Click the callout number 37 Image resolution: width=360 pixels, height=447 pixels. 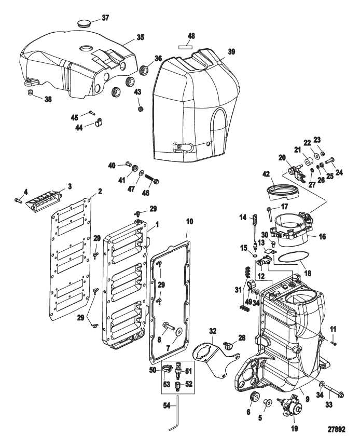(105, 18)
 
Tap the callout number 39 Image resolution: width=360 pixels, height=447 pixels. (231, 52)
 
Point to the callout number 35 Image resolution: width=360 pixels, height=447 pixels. (140, 37)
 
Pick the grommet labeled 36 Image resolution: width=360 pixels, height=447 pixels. (144, 69)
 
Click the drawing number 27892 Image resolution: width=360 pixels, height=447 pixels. (337, 430)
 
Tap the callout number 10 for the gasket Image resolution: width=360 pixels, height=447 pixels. (189, 222)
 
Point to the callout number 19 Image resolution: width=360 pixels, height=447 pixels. (293, 429)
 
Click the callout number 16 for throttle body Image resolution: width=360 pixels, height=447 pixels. (322, 236)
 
